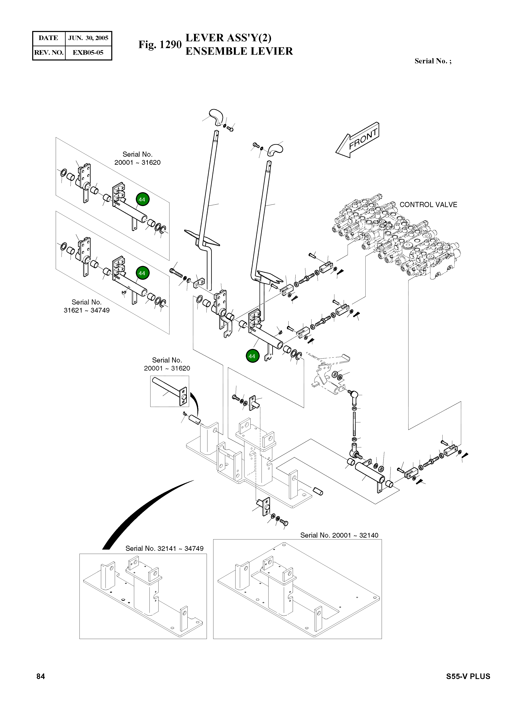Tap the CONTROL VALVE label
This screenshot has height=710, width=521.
pos(428,205)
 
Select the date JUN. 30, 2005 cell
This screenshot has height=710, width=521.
pos(88,38)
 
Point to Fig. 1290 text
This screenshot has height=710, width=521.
pos(160,45)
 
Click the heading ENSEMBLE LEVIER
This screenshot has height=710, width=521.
pos(239,51)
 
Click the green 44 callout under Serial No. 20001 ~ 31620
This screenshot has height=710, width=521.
pos(143,200)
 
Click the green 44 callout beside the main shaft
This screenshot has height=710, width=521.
pos(252,356)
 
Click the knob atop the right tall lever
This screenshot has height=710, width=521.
pos(275,149)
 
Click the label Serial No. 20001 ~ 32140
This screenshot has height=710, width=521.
pos(339,535)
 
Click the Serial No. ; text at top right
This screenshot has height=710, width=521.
pos(433,61)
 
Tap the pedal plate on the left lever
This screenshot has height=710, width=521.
pos(202,237)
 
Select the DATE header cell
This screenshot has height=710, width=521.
pos(48,38)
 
